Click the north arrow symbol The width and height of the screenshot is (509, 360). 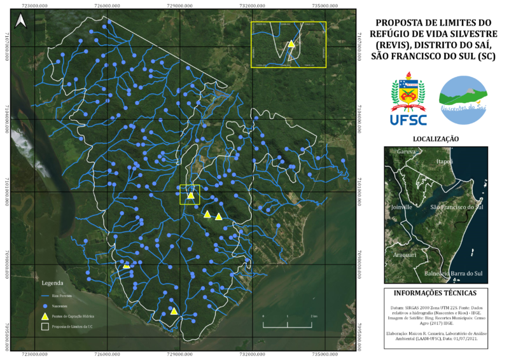(21, 22)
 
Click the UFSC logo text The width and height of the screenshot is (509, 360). (408, 118)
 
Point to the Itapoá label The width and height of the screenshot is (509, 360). (444, 162)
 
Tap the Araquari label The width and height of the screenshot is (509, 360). (405, 254)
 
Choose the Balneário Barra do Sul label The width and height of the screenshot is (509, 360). (454, 273)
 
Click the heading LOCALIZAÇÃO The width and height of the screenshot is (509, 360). (436, 138)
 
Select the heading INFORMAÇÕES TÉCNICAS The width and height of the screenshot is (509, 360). (436, 293)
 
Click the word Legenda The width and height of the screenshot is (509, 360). (52, 282)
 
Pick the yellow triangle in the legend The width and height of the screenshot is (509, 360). (45, 315)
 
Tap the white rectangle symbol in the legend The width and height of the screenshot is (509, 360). (45, 326)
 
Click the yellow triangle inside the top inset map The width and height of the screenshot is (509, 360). (291, 44)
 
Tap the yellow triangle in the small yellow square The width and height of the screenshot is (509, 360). (190, 195)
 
